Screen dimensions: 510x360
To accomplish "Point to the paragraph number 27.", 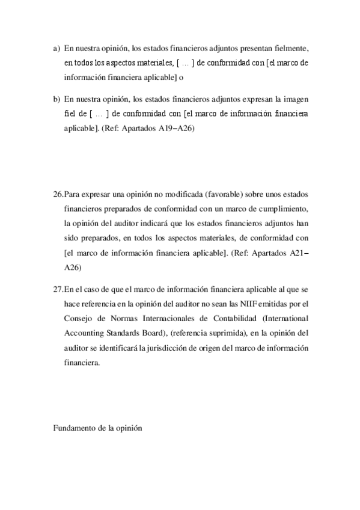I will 58,289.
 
